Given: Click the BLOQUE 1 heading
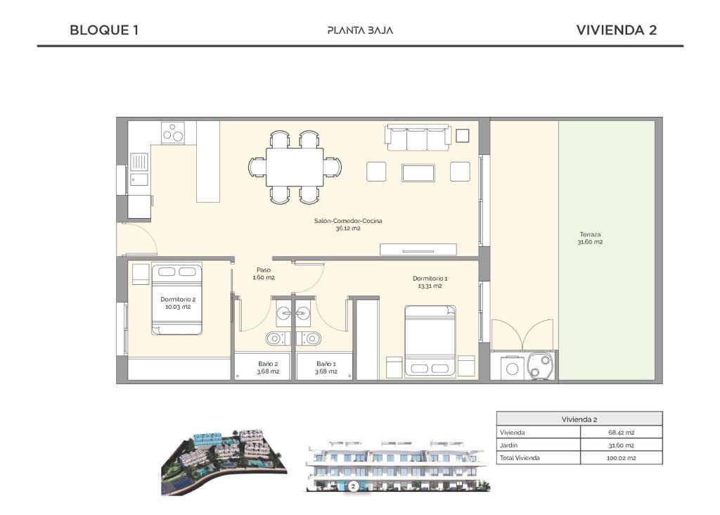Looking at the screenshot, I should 104,30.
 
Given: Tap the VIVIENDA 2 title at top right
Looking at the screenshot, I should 616,30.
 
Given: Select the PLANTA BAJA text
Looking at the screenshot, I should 360,30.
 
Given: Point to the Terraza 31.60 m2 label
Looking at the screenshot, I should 590,239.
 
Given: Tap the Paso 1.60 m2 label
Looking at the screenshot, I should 264,274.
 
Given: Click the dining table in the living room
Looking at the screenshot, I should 295,167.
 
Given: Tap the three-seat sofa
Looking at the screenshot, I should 418,136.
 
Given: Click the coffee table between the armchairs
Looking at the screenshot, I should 418,172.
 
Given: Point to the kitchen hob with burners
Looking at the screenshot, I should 173,132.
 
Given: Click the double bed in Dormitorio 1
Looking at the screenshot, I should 430,341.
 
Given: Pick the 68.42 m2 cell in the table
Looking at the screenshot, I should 621,432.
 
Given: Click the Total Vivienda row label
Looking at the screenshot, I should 520,458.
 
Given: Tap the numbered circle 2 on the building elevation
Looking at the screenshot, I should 354,485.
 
